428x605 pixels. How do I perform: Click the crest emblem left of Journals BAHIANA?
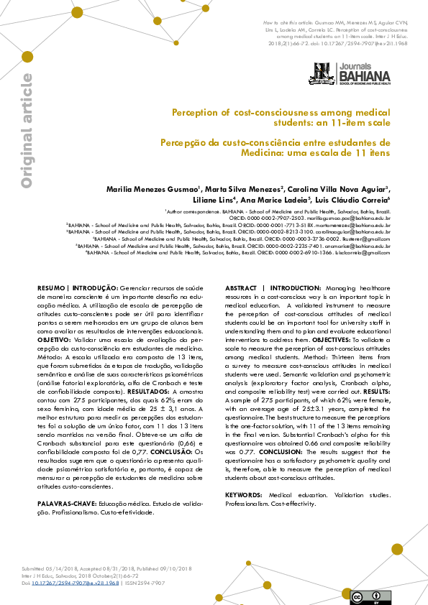(x=323, y=73)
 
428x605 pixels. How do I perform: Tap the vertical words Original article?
(x=27, y=131)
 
